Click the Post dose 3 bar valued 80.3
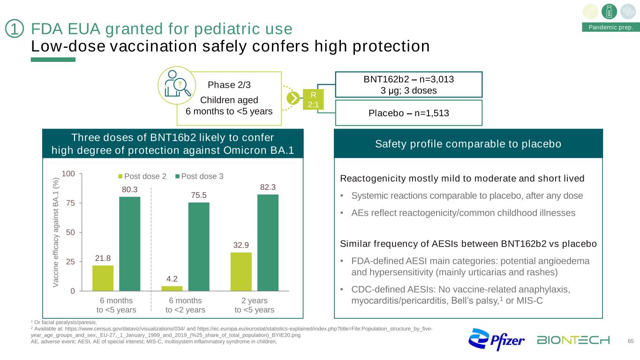pos(129,244)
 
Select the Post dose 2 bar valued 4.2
pos(172,288)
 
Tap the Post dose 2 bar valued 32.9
pos(241,271)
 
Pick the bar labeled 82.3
pos(268,242)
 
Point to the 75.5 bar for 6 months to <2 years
pos(199,247)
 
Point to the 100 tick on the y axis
pos(68,174)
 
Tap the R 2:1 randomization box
pos(313,99)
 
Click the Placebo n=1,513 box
pos(408,113)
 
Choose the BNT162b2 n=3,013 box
pos(408,84)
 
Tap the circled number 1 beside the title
pos(15,30)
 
